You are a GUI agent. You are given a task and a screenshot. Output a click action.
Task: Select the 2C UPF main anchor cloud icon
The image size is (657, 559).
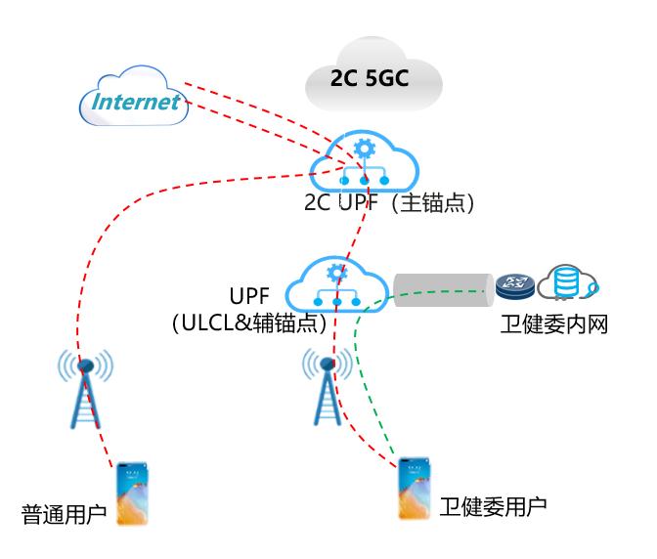coord(363,163)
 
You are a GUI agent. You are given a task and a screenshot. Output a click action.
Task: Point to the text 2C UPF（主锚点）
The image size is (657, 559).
coord(390,204)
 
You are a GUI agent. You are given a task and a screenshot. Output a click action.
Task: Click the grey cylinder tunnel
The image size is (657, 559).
coord(442,286)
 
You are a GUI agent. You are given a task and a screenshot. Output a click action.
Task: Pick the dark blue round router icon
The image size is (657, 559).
coord(513,284)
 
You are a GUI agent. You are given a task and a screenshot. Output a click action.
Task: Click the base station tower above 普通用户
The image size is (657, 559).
coord(85,391)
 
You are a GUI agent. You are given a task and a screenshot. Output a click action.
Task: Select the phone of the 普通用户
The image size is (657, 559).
coord(132,494)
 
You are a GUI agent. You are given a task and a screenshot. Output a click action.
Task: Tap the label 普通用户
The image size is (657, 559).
coord(65,513)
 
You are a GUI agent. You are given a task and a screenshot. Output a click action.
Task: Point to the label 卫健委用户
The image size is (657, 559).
coord(493,506)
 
